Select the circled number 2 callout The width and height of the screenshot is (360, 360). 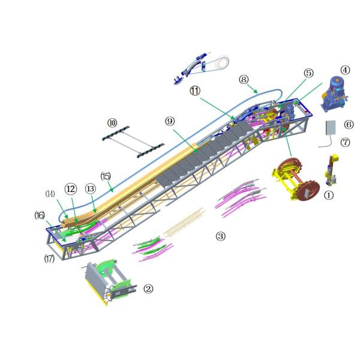(x=148, y=288)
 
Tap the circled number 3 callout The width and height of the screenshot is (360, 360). (x=221, y=236)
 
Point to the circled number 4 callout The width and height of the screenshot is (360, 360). (x=345, y=71)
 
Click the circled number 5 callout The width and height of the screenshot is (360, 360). (x=308, y=73)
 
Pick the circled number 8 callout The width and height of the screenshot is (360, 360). (x=243, y=79)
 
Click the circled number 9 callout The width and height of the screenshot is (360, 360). (x=170, y=121)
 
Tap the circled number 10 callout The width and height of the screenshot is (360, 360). (x=112, y=122)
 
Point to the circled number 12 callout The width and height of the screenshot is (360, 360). (x=71, y=188)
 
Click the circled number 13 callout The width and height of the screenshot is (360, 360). (x=90, y=188)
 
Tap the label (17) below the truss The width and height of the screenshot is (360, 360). (x=49, y=259)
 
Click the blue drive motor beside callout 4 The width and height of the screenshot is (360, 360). (x=332, y=94)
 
